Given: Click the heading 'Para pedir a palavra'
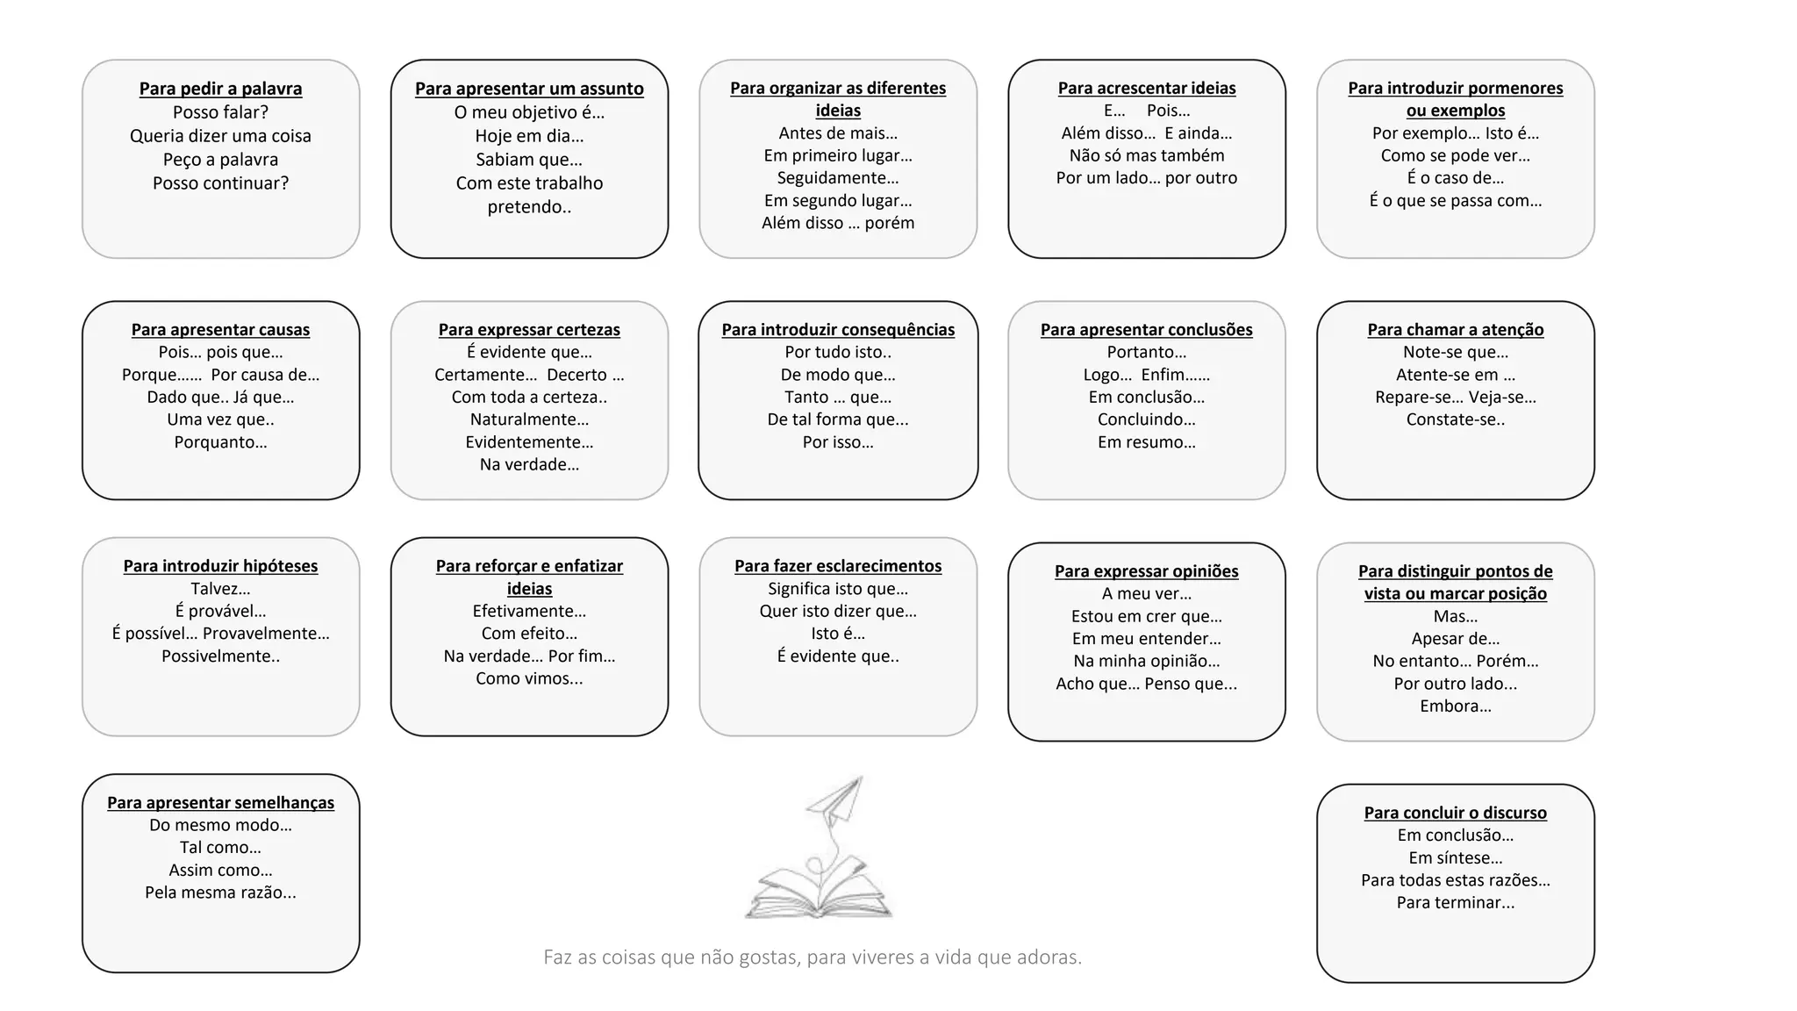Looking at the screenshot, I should coord(220,89).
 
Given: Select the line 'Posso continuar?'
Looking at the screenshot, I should coord(220,183).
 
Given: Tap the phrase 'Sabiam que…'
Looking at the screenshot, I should coord(529,160).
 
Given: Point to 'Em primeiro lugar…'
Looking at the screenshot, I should coord(838,155).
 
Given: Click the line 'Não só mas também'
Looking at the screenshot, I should coord(1147,155).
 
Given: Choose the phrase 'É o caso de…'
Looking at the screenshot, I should coord(1455,178).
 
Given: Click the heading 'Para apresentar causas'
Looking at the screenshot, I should coord(220,330).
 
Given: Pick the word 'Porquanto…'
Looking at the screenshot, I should coord(220,442).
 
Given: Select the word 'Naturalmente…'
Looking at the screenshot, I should coord(529,419).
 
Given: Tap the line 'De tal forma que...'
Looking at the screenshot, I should coord(838,419).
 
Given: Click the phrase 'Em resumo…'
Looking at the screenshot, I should coord(1147,442).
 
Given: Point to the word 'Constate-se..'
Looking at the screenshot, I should coord(1455,419).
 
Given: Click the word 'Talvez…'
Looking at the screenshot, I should coord(220,589).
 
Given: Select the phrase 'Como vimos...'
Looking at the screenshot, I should coord(529,678).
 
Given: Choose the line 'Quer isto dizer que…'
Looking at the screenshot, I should coord(838,611).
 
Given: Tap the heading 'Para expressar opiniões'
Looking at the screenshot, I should coord(1147,571).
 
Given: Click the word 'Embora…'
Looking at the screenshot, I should coord(1455,706).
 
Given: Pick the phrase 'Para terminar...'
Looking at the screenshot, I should coord(1455,903).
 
